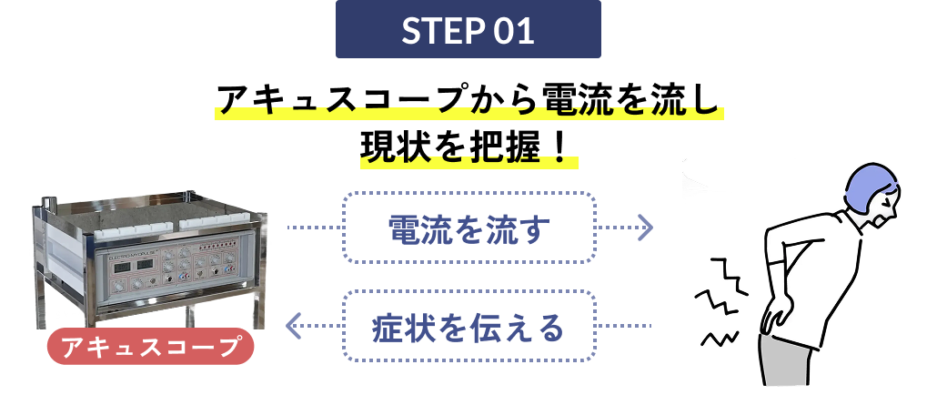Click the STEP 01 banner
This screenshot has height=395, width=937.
coord(468,29)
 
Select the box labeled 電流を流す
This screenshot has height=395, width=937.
coord(468,228)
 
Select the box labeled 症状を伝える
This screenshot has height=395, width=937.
coord(468,326)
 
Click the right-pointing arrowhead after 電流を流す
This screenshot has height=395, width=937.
coord(645,228)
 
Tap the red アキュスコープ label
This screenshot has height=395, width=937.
coord(150,347)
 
